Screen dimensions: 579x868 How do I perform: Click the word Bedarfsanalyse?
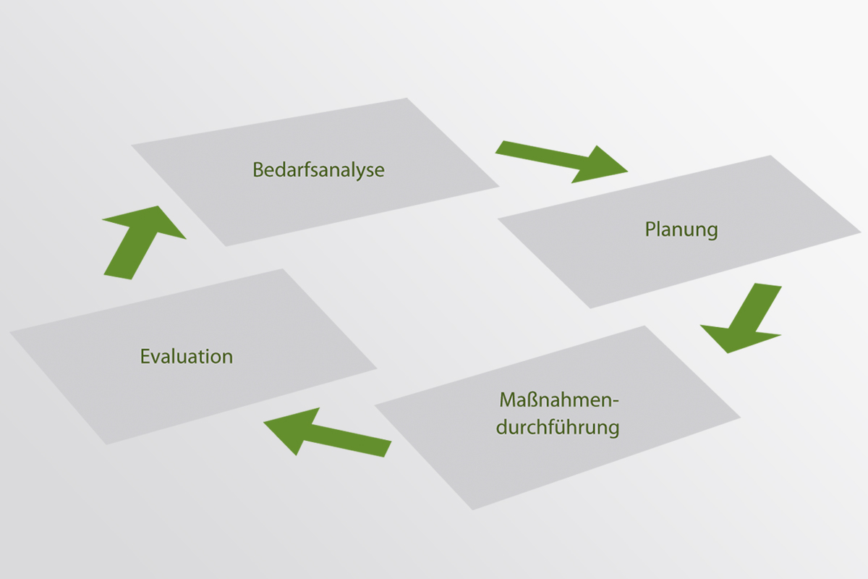tap(318, 170)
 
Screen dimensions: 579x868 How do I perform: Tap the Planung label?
tap(681, 230)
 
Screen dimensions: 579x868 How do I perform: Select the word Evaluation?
tap(187, 357)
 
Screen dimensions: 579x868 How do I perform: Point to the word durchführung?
tap(558, 427)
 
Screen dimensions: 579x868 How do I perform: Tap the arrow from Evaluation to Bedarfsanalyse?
tap(142, 240)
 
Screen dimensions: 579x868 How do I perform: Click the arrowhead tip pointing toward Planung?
tap(626, 172)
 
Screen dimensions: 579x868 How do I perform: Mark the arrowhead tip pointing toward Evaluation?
tap(265, 423)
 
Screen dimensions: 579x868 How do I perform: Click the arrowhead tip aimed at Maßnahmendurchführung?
tap(728, 352)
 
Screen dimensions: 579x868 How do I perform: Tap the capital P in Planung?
tap(650, 230)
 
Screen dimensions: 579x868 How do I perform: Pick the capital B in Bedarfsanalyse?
tap(258, 170)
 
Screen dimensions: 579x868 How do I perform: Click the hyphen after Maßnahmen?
tap(618, 402)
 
